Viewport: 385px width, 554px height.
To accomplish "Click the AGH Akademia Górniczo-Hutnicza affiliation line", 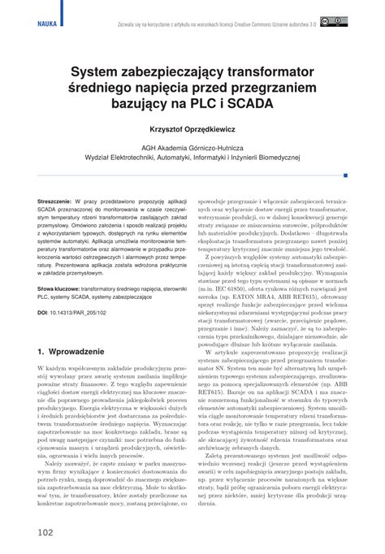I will point(192,148).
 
